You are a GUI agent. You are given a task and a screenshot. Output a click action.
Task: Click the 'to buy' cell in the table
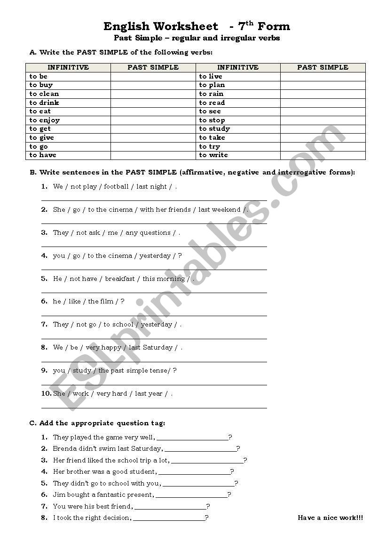[x=41, y=85]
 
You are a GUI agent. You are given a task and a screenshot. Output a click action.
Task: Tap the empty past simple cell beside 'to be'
[x=153, y=76]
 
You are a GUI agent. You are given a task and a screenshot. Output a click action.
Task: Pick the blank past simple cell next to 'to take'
[x=323, y=137]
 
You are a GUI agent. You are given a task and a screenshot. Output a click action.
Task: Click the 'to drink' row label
[x=44, y=103]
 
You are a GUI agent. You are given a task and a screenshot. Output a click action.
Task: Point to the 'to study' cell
[x=214, y=128]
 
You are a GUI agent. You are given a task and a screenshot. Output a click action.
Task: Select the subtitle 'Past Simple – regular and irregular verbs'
[x=197, y=38]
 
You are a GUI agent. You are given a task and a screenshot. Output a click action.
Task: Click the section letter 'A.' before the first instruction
[x=33, y=52]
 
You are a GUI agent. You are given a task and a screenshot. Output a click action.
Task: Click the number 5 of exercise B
[x=44, y=278]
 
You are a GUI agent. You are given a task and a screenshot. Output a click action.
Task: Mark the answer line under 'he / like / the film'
[x=154, y=315]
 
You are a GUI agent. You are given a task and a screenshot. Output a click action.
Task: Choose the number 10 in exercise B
[x=46, y=393]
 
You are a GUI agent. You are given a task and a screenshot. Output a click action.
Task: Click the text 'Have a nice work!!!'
[x=330, y=518]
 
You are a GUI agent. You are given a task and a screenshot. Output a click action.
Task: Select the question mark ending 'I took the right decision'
[x=207, y=518]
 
